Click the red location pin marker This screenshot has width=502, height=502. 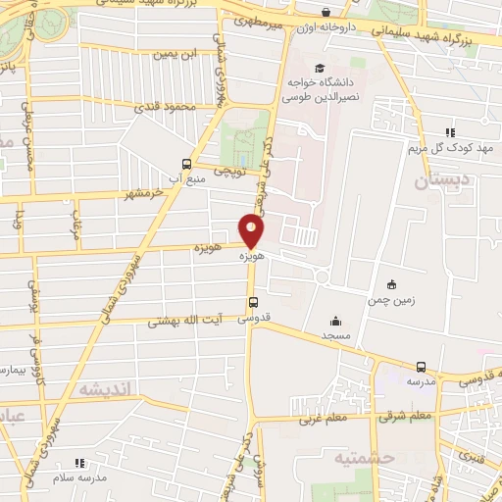pos(253,231)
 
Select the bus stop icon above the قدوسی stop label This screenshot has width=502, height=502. pos(254,302)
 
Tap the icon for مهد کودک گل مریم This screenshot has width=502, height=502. pos(450,132)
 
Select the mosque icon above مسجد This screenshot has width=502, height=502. pos(336,320)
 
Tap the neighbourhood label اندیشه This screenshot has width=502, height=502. pos(104,390)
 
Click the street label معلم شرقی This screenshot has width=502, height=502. pos(406,417)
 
